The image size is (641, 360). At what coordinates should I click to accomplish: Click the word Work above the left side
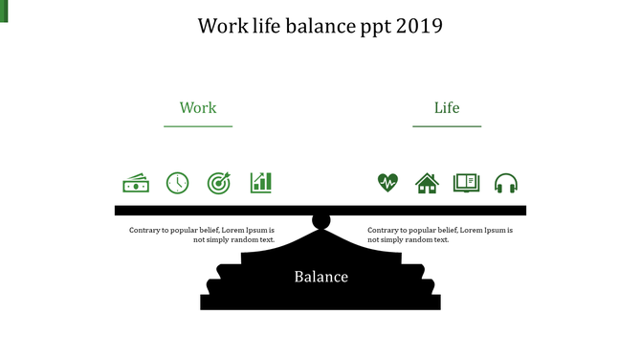198,108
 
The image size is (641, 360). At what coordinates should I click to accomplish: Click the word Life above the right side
447,108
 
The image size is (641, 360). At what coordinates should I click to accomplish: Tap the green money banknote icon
136,183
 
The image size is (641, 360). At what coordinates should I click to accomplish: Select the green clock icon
178,183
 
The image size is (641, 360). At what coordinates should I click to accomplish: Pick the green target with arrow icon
219,183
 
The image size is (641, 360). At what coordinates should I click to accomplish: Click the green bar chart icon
261,182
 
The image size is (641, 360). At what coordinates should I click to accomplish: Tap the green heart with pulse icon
387,182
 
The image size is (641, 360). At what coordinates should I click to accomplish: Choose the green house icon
427,183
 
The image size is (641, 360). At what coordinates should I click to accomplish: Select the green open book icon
466,183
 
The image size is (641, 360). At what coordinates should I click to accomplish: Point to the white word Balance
320,278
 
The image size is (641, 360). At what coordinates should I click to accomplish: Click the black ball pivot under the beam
321,222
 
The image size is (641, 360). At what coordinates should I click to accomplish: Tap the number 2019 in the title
419,26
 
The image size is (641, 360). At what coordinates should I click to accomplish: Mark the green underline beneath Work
198,126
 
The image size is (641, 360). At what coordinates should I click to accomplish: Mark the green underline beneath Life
447,126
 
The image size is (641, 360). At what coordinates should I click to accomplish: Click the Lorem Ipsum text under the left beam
202,235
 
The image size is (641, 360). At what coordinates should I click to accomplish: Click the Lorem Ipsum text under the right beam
440,235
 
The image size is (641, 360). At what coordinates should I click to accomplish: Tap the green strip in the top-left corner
3,11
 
